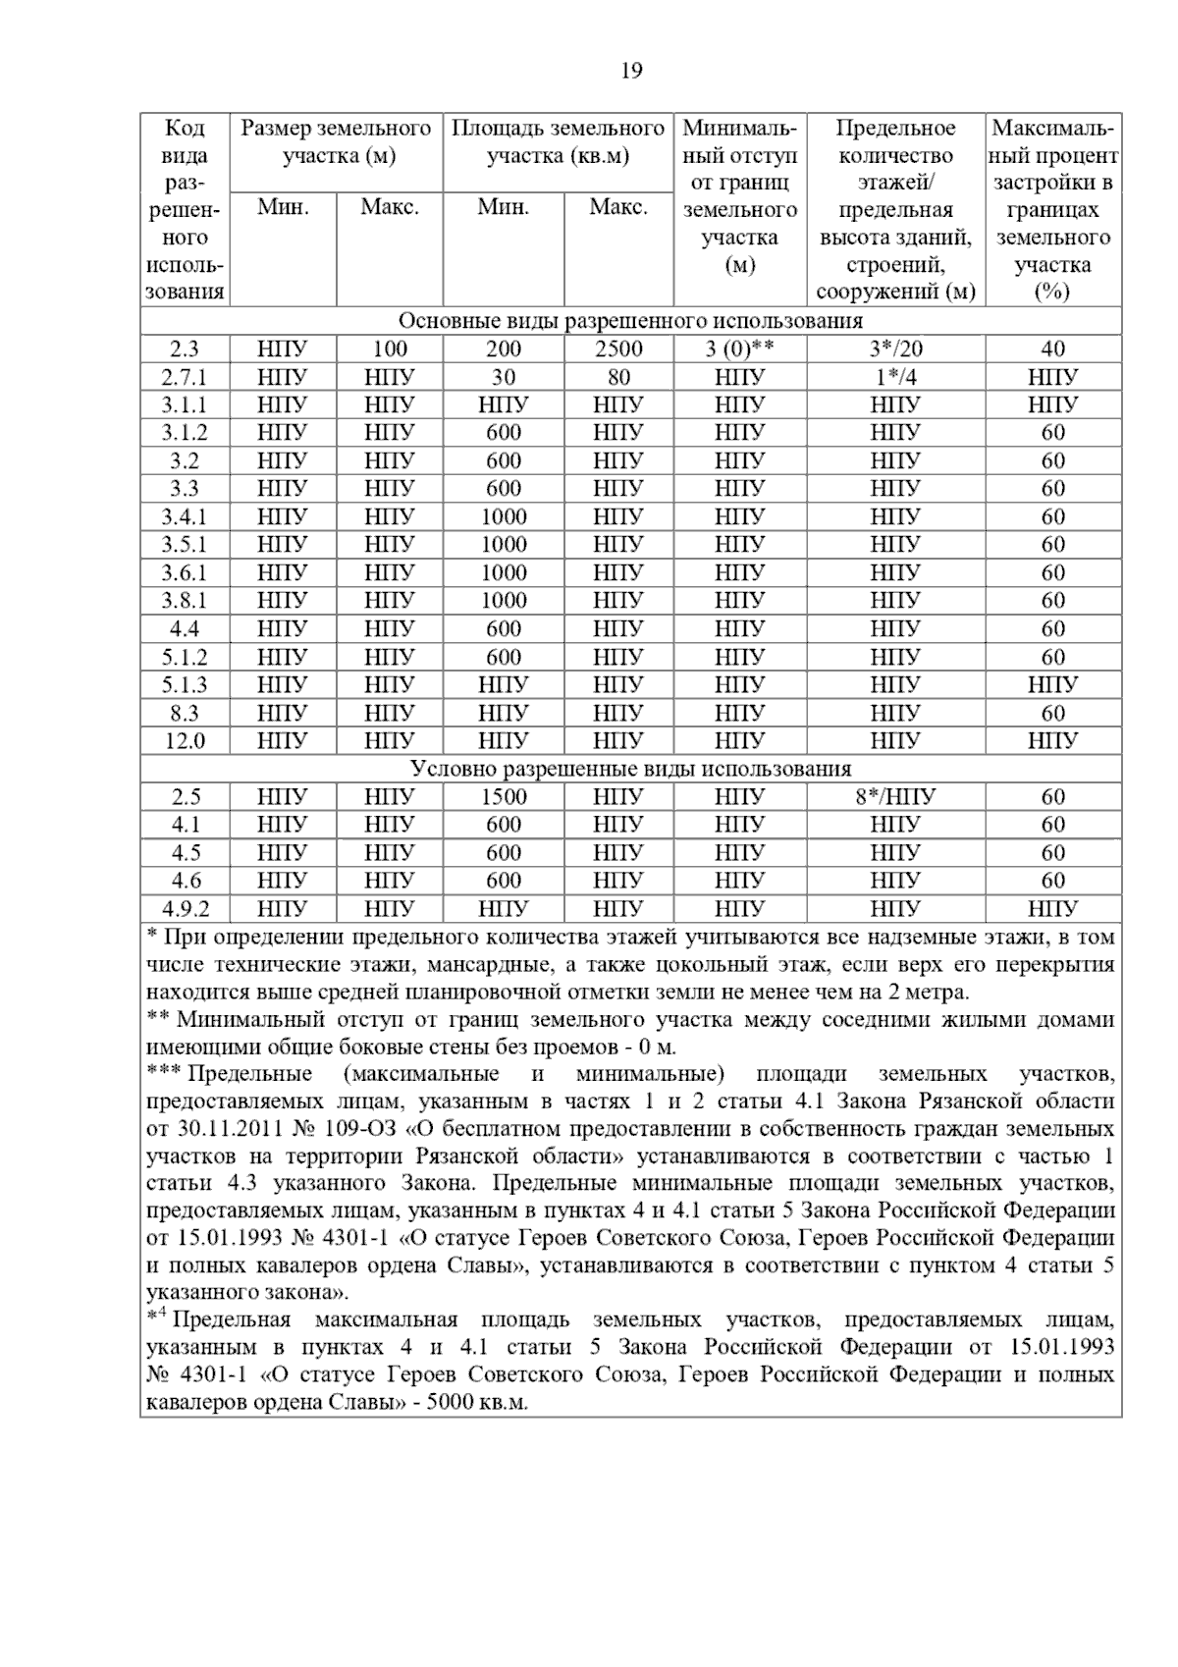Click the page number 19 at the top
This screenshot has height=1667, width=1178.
click(631, 71)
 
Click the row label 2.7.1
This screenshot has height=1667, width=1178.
click(185, 377)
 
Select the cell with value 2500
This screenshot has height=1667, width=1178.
click(618, 349)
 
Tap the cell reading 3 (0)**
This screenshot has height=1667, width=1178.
click(739, 349)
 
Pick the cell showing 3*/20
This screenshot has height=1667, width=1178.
click(895, 349)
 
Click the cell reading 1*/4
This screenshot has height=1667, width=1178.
click(895, 377)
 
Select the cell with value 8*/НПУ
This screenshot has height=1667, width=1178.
click(895, 796)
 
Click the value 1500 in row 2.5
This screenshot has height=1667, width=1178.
click(504, 796)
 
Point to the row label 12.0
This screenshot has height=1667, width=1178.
click(185, 740)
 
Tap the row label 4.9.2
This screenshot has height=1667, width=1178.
click(185, 908)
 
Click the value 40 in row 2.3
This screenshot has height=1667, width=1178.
click(1052, 349)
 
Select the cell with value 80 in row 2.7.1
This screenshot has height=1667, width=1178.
click(618, 377)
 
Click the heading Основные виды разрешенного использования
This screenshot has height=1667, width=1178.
click(630, 321)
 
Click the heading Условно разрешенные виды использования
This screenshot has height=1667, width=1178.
click(630, 769)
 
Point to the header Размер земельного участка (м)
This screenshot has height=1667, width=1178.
click(337, 142)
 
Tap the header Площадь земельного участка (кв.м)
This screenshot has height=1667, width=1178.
click(558, 142)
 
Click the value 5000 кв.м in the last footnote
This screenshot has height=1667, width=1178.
click(476, 1403)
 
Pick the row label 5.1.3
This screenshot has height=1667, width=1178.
click(185, 684)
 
